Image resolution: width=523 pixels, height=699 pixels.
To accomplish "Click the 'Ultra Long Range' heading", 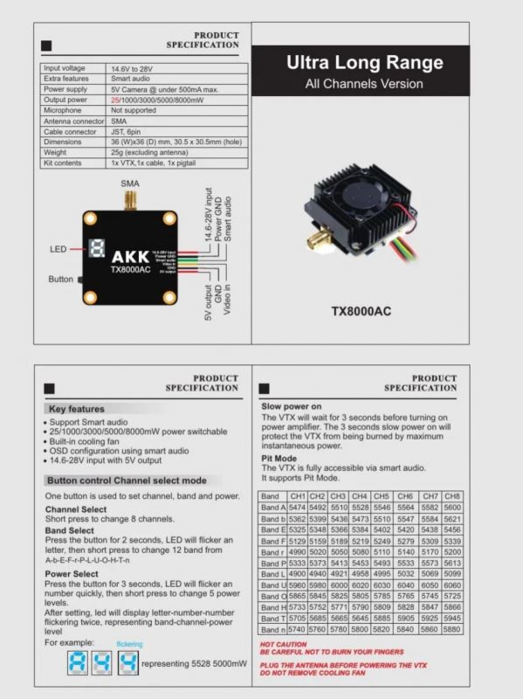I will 364,63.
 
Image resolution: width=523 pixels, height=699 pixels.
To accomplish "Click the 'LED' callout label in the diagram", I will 58,250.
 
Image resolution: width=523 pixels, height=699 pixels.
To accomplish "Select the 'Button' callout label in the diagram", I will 60,279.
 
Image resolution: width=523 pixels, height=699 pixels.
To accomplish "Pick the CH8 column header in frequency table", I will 451,496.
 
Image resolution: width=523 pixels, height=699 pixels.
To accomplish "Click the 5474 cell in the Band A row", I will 297,508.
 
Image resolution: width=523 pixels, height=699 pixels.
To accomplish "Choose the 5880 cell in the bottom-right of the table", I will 451,629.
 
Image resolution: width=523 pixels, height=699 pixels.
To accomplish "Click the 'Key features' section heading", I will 76,409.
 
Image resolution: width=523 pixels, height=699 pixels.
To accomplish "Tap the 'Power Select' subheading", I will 72,574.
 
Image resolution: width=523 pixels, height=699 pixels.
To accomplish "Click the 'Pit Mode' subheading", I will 279,458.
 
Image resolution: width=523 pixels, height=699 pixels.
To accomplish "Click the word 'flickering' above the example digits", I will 129,644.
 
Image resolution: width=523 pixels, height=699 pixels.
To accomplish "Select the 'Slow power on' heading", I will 292,406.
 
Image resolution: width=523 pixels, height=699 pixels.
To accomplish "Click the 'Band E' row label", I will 272,529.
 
